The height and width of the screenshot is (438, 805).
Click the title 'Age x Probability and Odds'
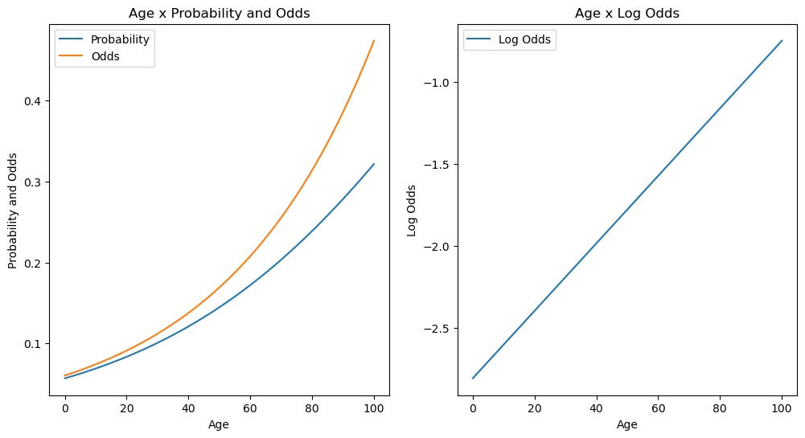[x=219, y=13]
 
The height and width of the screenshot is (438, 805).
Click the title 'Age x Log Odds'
[x=626, y=13]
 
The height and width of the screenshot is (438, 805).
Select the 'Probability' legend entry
[x=120, y=39]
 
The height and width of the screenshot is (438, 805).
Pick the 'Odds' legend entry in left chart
[x=105, y=55]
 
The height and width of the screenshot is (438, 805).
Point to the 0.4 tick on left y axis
[x=35, y=101]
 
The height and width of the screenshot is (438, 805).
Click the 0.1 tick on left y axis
[x=35, y=344]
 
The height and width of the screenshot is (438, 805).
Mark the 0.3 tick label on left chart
[x=35, y=182]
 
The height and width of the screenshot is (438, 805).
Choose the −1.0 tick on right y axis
[x=437, y=83]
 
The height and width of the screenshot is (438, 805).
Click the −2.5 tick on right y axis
[x=437, y=329]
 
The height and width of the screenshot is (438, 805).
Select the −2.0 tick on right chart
[x=437, y=247]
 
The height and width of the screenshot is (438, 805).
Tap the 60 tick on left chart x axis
[x=249, y=408]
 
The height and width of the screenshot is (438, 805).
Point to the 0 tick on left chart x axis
[x=65, y=408]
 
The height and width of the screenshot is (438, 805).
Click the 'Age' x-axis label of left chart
[x=219, y=424]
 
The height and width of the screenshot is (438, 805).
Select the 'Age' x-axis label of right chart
[x=626, y=424]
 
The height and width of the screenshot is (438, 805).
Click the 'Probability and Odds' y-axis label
[x=13, y=211]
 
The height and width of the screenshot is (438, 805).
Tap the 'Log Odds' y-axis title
[x=412, y=211]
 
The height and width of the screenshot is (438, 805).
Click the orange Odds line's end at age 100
[x=374, y=41]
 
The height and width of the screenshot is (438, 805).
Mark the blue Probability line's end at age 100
[x=374, y=164]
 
